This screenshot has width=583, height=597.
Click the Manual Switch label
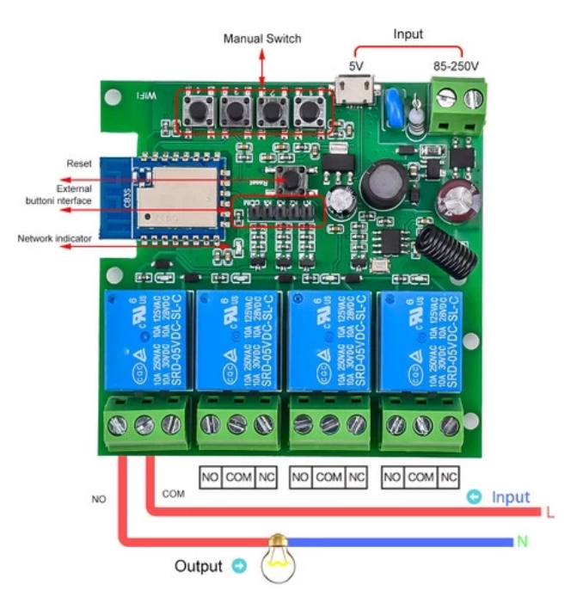262,39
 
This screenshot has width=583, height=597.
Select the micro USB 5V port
354,89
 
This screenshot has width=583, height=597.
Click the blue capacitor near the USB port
396,100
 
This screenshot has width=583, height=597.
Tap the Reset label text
79,163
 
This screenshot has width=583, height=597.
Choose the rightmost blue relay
420,341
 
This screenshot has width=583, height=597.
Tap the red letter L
549,513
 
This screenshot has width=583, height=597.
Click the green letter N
521,542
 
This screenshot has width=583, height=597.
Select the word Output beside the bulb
198,566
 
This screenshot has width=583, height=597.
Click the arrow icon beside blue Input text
473,497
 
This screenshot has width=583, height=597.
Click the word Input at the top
408,34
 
